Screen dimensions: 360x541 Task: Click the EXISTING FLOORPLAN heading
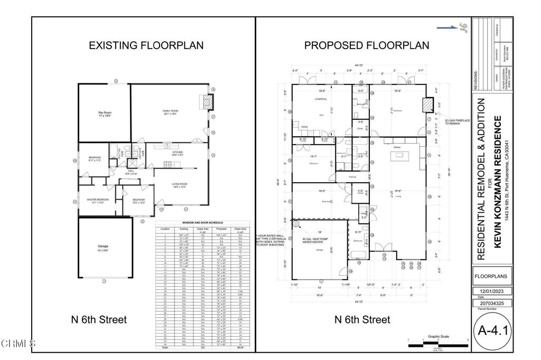click(x=146, y=45)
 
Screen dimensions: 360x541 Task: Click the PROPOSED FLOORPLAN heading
click(x=366, y=45)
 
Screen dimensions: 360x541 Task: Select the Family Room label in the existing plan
click(x=170, y=111)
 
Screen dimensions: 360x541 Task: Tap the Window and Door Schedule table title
click(x=203, y=223)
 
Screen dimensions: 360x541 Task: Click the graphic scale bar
click(x=438, y=344)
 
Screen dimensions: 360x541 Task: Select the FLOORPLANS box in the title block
click(x=491, y=276)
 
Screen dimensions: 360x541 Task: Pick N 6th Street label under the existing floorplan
click(x=99, y=319)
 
